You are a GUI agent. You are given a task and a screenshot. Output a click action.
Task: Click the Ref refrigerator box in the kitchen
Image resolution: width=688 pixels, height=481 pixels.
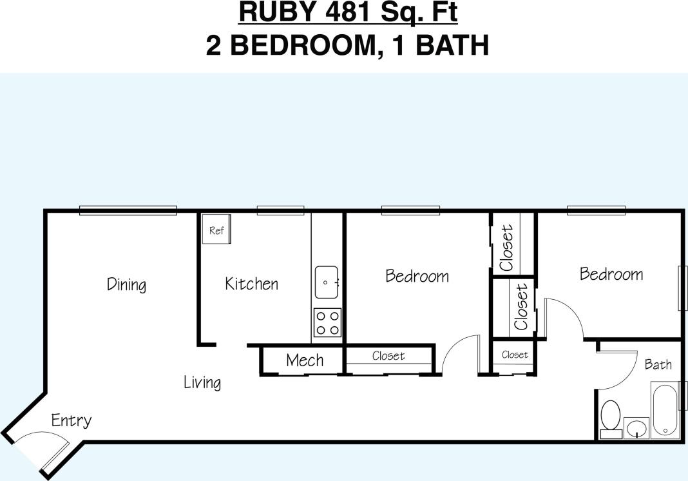pos(216,230)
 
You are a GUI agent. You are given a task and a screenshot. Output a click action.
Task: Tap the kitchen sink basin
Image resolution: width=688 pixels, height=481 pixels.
pos(327,282)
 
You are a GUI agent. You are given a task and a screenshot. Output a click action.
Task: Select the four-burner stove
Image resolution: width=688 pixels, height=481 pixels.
pos(327,322)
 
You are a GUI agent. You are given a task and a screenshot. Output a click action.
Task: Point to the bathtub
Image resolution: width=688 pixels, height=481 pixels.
pos(665,411)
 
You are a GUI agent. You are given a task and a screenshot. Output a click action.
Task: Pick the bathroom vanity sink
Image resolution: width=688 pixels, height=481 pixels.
pos(636,427)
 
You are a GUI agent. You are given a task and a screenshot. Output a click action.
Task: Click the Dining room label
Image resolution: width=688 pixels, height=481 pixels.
pos(126,284)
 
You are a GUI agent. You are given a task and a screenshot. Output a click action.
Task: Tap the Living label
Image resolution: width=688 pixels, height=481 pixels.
pos(202,382)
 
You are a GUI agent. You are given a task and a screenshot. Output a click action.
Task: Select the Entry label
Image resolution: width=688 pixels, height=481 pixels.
pos(71,421)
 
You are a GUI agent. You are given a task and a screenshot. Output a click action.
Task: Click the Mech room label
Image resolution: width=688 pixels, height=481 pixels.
pos(305,360)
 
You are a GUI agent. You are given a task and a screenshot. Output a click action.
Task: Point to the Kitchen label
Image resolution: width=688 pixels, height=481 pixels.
pos(251,284)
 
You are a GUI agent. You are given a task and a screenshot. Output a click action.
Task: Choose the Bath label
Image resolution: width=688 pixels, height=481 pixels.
pos(658,365)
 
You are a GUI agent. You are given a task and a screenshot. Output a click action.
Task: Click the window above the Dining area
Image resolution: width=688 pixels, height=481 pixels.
pos(128,210)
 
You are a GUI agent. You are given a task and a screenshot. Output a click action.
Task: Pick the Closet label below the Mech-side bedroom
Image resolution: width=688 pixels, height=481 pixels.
pos(388,356)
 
